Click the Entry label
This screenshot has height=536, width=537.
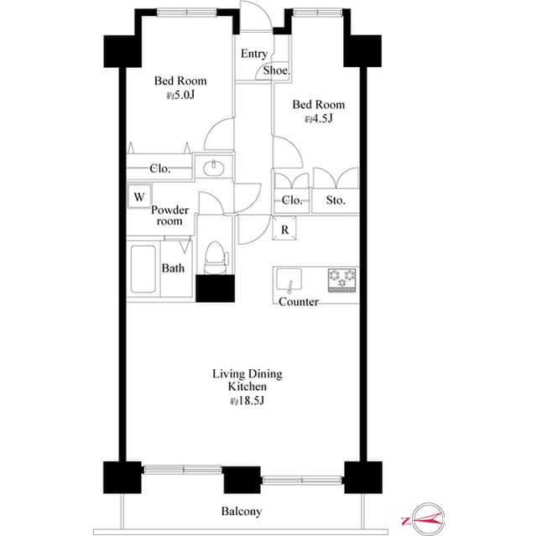coord(254,54)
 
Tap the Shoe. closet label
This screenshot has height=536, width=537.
coord(276,71)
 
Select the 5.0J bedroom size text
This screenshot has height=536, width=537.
coord(180,96)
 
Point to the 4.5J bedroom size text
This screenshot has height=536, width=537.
coord(319,119)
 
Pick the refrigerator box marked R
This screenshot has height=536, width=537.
coord(285,229)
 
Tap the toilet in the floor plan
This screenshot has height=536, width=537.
coord(216,255)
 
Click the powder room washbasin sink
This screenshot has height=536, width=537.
coord(215,168)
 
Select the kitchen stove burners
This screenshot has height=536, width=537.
coord(342,279)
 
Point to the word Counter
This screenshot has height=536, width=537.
coord(298,302)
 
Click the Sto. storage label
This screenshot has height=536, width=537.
coord(336,201)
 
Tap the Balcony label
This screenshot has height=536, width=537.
coord(242,512)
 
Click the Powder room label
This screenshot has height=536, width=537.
coord(170,216)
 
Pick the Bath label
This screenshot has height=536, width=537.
coord(173,268)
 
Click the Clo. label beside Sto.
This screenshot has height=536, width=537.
coord(292,201)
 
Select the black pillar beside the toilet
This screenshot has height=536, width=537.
coord(216,288)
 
